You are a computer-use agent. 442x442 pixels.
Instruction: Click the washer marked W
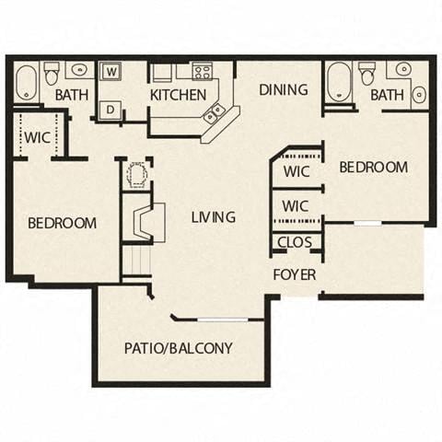click(110, 71)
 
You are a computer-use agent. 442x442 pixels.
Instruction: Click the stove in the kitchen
click(202, 71)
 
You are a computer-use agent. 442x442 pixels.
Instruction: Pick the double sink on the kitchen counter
click(215, 113)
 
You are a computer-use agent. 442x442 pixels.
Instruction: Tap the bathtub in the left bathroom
click(27, 83)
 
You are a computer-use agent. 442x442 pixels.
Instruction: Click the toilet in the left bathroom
click(52, 73)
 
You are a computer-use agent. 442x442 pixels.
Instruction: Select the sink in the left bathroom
click(79, 70)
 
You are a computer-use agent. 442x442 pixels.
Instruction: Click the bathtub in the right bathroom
click(339, 81)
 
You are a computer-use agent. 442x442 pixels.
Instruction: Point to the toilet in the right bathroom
click(367, 72)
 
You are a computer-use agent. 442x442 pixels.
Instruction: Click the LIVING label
click(214, 217)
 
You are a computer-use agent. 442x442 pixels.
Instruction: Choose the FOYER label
click(295, 274)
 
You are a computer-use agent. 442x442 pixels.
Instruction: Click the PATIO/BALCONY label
click(179, 348)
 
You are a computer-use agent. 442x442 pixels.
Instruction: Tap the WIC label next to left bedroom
click(37, 138)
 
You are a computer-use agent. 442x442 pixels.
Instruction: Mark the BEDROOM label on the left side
click(62, 223)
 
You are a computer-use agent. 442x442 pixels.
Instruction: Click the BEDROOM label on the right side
click(373, 167)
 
